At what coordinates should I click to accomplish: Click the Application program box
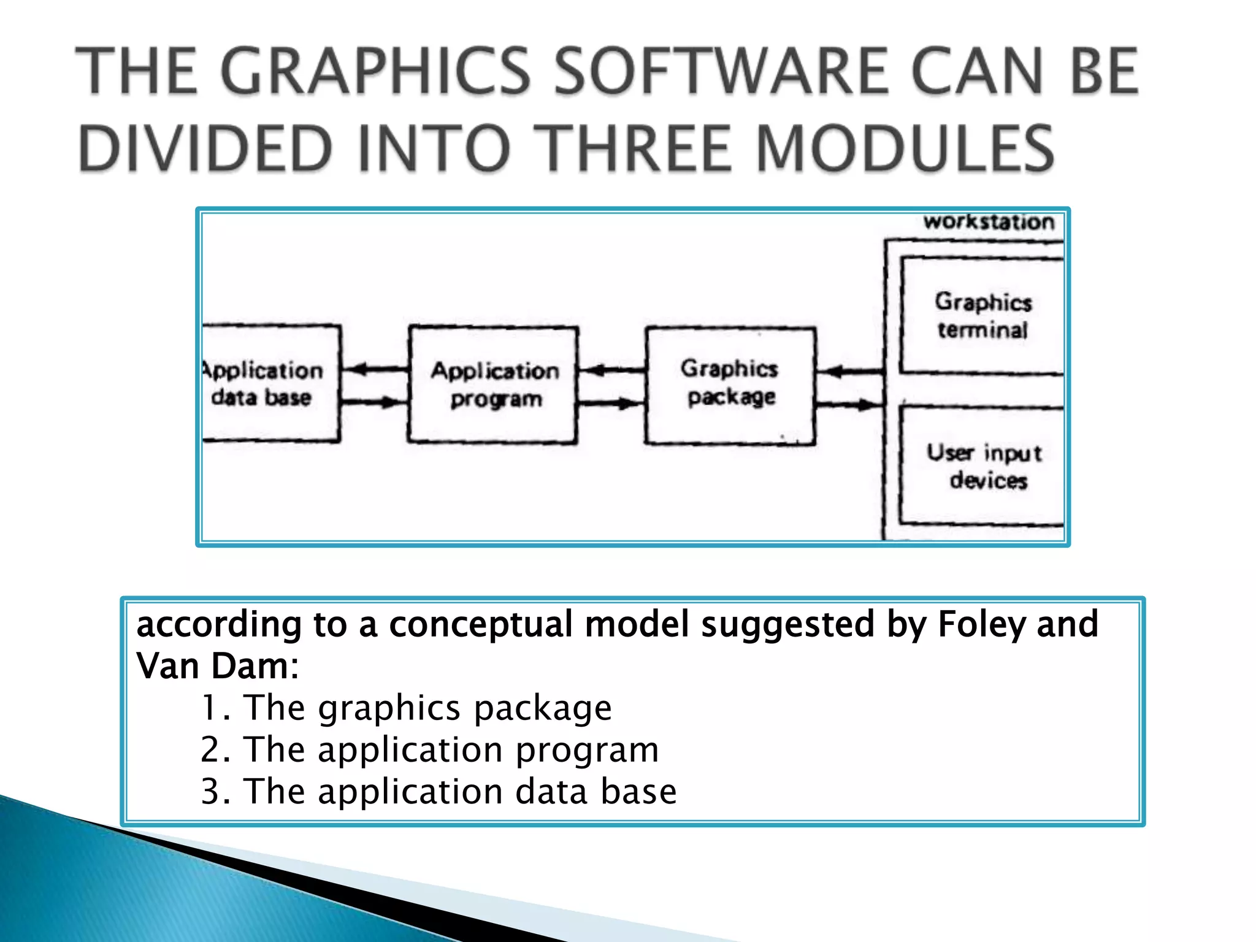click(494, 385)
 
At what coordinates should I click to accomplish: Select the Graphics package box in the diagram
click(730, 385)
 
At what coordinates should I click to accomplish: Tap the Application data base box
click(270, 383)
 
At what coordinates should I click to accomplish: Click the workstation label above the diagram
click(989, 222)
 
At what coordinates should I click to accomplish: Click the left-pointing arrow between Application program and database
click(375, 369)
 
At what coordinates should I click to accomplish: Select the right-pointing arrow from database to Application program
click(375, 402)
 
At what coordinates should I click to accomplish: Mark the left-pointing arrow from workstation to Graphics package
click(850, 371)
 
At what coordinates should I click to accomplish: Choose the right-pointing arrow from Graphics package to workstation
click(850, 404)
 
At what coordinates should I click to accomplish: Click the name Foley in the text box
click(982, 625)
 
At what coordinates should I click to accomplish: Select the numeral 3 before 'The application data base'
click(210, 792)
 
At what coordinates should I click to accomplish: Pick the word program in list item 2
click(587, 751)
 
